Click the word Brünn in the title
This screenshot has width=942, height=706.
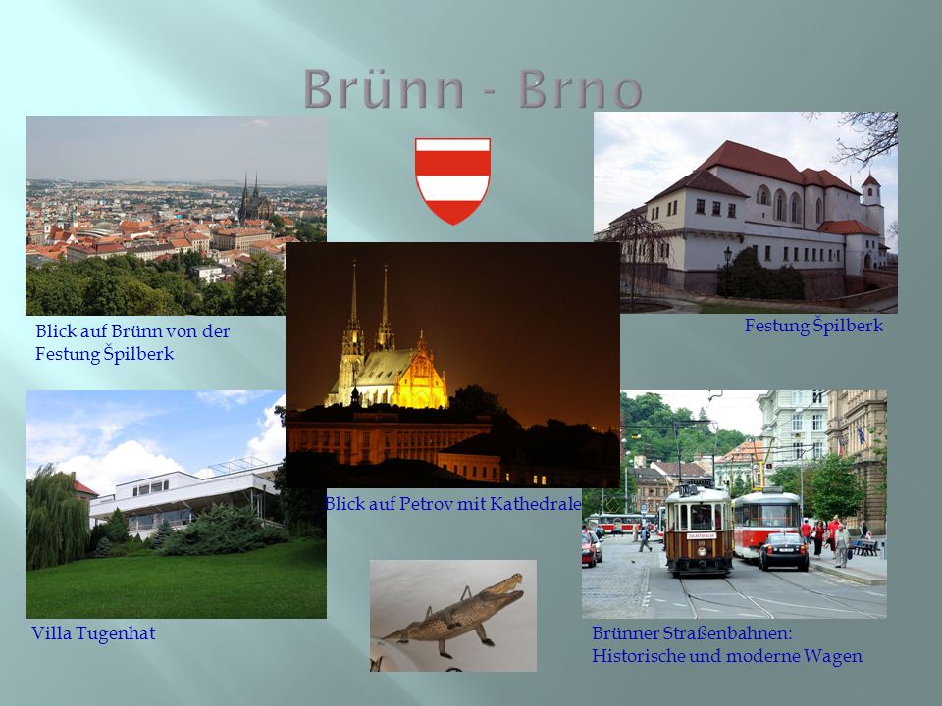pyautogui.click(x=385, y=88)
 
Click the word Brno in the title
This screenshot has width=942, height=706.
pyautogui.click(x=580, y=89)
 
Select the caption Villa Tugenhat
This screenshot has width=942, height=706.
pyautogui.click(x=93, y=633)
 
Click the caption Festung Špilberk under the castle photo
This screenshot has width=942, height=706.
pyautogui.click(x=814, y=326)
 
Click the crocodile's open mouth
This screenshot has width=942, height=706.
pyautogui.click(x=510, y=584)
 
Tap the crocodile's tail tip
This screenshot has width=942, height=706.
pyautogui.click(x=385, y=637)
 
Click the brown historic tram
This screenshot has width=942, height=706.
pyautogui.click(x=698, y=529)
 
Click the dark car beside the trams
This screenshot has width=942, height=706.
pyautogui.click(x=783, y=551)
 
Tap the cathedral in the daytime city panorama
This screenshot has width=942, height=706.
pyautogui.click(x=254, y=201)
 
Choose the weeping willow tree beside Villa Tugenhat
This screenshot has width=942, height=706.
pyautogui.click(x=56, y=518)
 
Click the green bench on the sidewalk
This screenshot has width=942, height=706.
pyautogui.click(x=865, y=547)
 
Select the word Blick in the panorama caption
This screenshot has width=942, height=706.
pyautogui.click(x=55, y=330)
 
